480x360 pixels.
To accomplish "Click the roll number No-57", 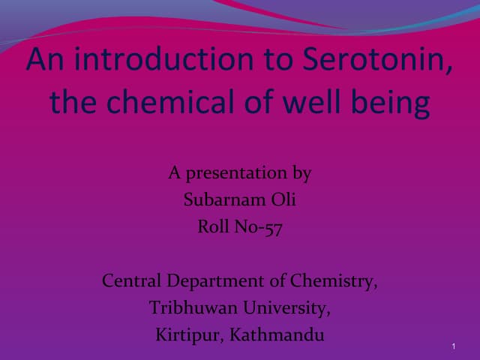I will point(260,227).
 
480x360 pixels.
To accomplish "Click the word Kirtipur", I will point(187,335).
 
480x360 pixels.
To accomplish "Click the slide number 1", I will point(455,345).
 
